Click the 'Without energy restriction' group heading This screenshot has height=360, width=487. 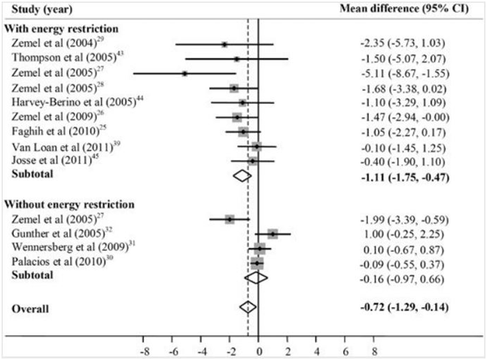(65, 203)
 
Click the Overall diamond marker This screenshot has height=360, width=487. (248, 307)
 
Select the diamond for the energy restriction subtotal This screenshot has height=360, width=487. (241, 175)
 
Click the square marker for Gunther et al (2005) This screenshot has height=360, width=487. (272, 234)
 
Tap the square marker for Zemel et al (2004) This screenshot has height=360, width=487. (224, 45)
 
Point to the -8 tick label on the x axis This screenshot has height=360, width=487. (143, 350)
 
